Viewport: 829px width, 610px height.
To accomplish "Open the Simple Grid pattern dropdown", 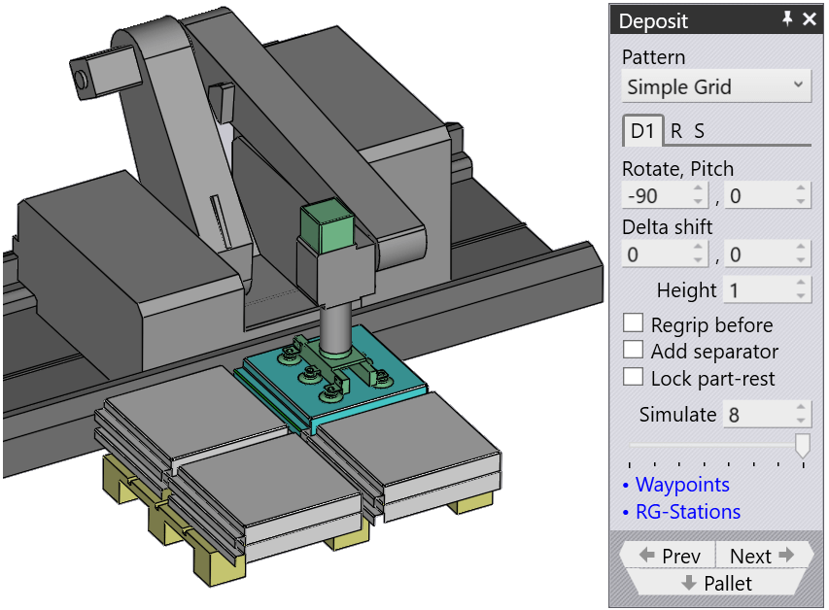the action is coord(716,86).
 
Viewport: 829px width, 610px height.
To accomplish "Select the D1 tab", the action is coord(642,130).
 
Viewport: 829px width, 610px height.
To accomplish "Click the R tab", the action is coord(676,131).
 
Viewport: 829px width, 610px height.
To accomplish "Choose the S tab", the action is coord(699,131).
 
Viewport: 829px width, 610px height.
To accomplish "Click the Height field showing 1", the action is coord(766,290).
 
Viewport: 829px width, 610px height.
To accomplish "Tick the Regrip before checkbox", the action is coord(633,323).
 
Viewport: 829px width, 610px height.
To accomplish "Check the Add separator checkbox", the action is coord(633,350).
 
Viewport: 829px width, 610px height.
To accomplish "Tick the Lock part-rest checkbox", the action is coord(633,377).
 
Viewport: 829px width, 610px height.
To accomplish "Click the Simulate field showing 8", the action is coord(766,415).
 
